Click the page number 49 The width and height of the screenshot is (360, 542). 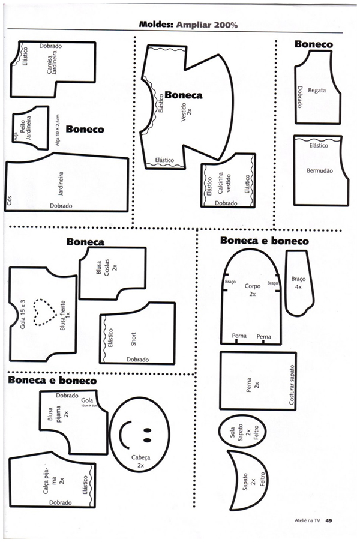[x=329, y=521]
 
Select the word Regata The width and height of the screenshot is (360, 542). [x=317, y=91]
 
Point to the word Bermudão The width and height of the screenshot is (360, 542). [x=319, y=171]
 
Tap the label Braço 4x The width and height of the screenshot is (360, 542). [x=298, y=283]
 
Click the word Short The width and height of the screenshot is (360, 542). [x=134, y=339]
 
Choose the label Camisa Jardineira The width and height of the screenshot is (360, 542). [x=57, y=62]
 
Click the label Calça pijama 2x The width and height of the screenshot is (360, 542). [x=53, y=481]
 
